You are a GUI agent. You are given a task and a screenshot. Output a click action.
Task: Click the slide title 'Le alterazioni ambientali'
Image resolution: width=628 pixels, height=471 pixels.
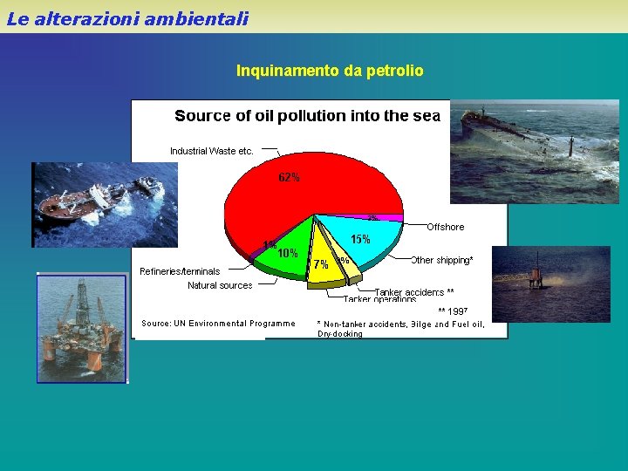tap(127, 18)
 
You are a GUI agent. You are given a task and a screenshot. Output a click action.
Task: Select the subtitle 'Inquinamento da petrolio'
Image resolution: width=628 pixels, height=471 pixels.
tap(330, 71)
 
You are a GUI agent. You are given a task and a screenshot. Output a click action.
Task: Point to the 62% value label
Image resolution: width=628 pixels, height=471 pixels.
tap(289, 178)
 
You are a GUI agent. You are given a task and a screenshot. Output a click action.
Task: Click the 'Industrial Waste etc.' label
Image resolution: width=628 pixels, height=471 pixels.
tap(212, 151)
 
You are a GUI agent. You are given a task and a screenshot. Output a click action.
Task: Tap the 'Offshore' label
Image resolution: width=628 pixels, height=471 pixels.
tap(445, 227)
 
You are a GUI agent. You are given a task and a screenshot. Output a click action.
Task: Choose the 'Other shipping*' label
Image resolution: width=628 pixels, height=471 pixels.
tap(442, 260)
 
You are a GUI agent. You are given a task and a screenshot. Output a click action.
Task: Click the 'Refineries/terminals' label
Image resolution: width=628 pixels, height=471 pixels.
tap(180, 271)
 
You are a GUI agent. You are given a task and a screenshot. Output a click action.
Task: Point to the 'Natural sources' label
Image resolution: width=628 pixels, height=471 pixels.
tap(220, 285)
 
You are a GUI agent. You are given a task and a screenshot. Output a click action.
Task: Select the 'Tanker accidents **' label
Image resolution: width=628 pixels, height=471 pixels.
tap(414, 292)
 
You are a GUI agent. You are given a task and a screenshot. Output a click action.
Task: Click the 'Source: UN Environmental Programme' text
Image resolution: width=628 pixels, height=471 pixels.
tap(218, 324)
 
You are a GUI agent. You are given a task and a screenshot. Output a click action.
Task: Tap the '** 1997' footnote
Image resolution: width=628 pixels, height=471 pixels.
tap(453, 311)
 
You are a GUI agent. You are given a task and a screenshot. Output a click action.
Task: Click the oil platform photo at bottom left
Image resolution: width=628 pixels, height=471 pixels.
tap(82, 328)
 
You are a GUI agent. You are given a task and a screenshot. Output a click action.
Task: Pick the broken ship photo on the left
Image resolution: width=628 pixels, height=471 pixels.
tap(96, 204)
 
